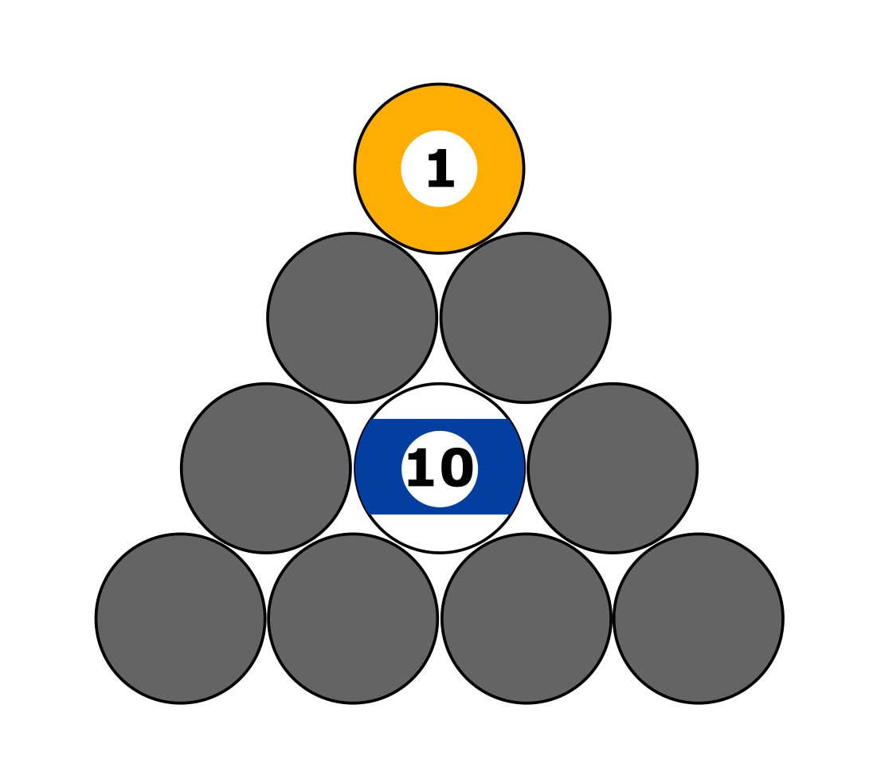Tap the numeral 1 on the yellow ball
pos(440,170)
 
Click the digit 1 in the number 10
pos(421,469)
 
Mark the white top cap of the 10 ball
pos(440,401)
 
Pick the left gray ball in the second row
pos(352,318)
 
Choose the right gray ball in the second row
pos(526,318)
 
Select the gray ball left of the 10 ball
pos(266,468)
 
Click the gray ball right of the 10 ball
pos(613,468)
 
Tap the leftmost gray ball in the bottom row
pos(180,618)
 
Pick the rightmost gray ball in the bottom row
pos(699,618)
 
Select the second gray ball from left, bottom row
pos(353,618)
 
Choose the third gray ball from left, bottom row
pos(526,618)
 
